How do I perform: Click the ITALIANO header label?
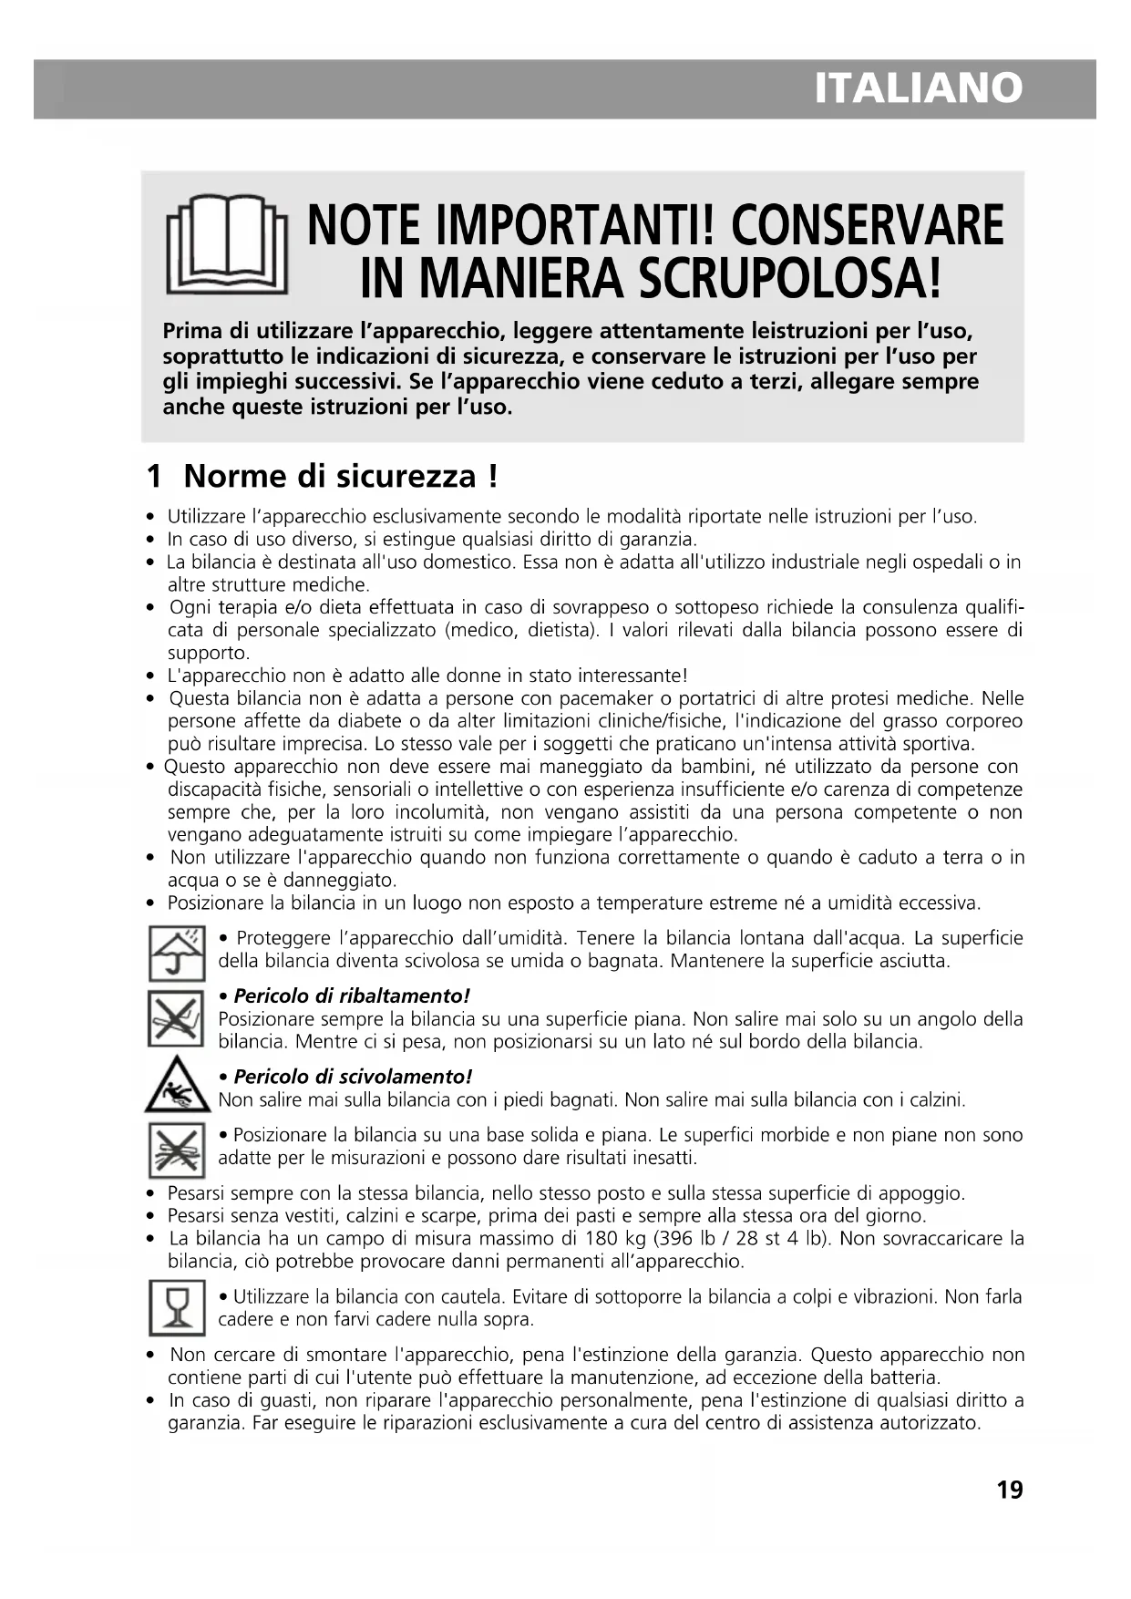tap(918, 88)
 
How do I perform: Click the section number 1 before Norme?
tap(155, 476)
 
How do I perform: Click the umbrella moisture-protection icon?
tap(176, 952)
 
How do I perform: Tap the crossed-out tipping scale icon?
tap(176, 1018)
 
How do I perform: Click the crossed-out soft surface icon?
tap(176, 1149)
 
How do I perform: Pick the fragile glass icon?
tap(176, 1307)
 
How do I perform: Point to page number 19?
tap(1010, 1490)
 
